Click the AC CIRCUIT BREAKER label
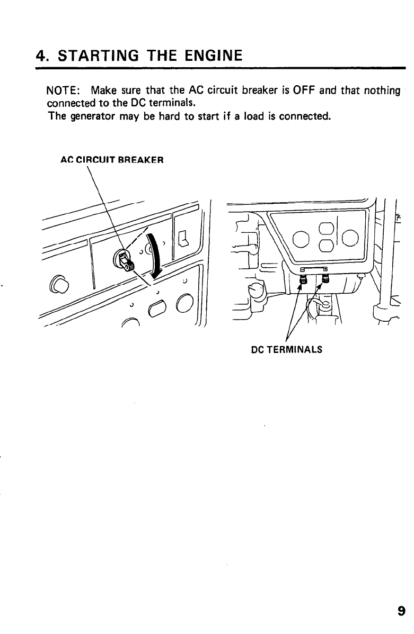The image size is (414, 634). point(112,159)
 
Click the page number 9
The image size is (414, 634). point(401,612)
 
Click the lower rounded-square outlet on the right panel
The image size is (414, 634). point(326,245)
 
